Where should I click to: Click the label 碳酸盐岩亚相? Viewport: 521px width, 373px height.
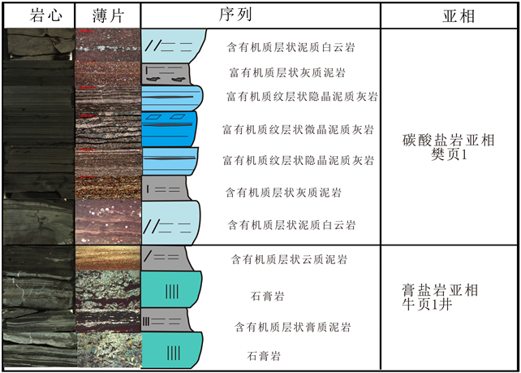(447, 140)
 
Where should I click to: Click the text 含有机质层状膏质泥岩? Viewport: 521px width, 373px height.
(293, 327)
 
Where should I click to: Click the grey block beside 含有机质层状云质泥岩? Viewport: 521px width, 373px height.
(166, 258)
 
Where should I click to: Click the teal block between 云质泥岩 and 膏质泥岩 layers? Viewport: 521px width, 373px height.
(171, 290)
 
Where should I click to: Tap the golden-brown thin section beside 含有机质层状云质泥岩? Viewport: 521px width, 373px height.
(107, 258)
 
